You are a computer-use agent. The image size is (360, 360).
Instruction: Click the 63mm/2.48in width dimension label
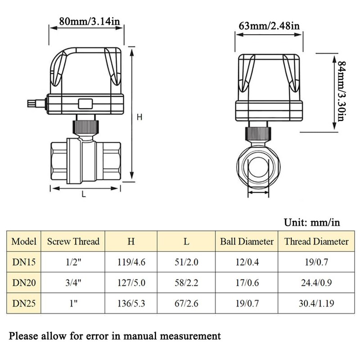coord(269,26)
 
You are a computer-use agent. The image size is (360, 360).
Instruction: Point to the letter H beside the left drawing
coord(139,117)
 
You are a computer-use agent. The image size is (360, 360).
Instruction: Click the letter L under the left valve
coord(84,194)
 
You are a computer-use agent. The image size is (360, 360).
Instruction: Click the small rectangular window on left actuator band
coord(85,103)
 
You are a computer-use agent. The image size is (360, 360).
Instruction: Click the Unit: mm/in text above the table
coord(312,222)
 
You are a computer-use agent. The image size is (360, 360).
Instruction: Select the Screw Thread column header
coord(73,241)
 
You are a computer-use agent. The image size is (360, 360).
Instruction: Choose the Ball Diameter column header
coord(247,241)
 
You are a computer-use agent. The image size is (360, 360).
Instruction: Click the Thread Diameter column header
coord(316,241)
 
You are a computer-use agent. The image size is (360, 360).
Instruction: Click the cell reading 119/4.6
coord(131,262)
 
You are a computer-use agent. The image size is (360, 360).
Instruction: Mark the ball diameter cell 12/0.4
coord(247,262)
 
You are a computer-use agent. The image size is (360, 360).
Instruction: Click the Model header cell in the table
coord(24,241)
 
